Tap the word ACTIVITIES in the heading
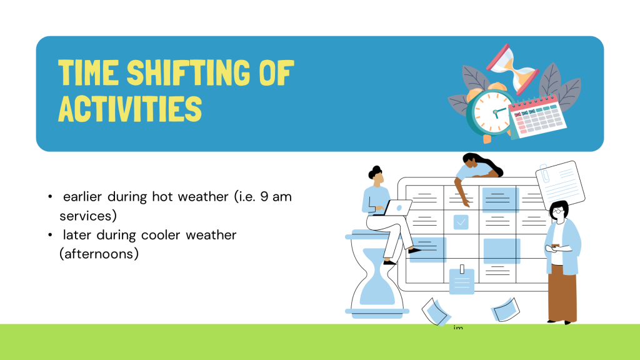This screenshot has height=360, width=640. click(x=130, y=109)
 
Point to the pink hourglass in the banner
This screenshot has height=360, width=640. click(x=512, y=69)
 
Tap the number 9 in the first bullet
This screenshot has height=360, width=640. click(x=264, y=197)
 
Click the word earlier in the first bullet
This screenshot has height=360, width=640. click(x=82, y=197)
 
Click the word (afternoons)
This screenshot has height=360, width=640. click(x=99, y=254)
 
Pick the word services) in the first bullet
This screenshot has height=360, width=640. click(x=88, y=216)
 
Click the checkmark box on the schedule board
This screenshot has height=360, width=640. click(x=461, y=222)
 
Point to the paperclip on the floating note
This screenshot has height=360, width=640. click(x=544, y=174)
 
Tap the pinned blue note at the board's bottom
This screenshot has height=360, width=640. click(x=462, y=280)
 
